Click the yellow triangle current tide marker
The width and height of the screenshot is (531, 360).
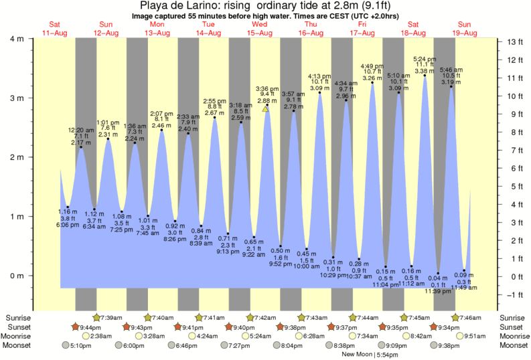pos(266,108)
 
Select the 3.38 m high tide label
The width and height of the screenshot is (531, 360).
pos(424,71)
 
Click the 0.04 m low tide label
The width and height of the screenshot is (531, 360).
pos(438,278)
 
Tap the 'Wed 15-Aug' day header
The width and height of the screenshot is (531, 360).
pos(259,28)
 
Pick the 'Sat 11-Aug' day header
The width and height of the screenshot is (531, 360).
pos(55,28)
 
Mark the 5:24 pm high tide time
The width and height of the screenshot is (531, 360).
pos(424,58)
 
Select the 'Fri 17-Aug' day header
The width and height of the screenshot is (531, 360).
pos(362,28)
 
